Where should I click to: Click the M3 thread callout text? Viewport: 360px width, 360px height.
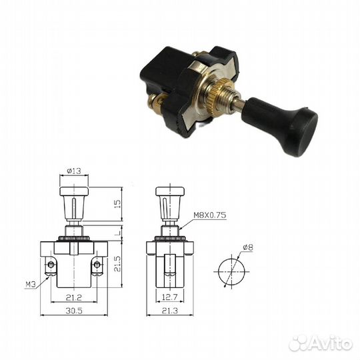pos(31,285)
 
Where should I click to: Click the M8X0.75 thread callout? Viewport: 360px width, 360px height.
pos(209,215)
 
